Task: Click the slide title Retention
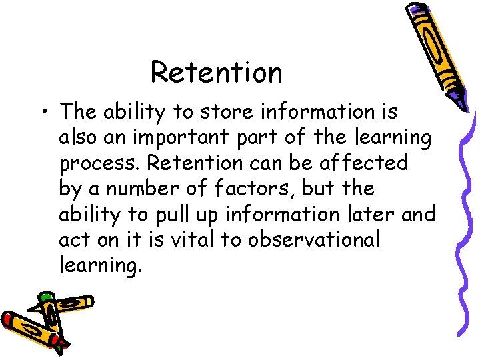pos(216,72)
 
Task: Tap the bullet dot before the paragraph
pos(43,112)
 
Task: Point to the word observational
pos(315,240)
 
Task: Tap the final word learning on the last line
pos(100,267)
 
